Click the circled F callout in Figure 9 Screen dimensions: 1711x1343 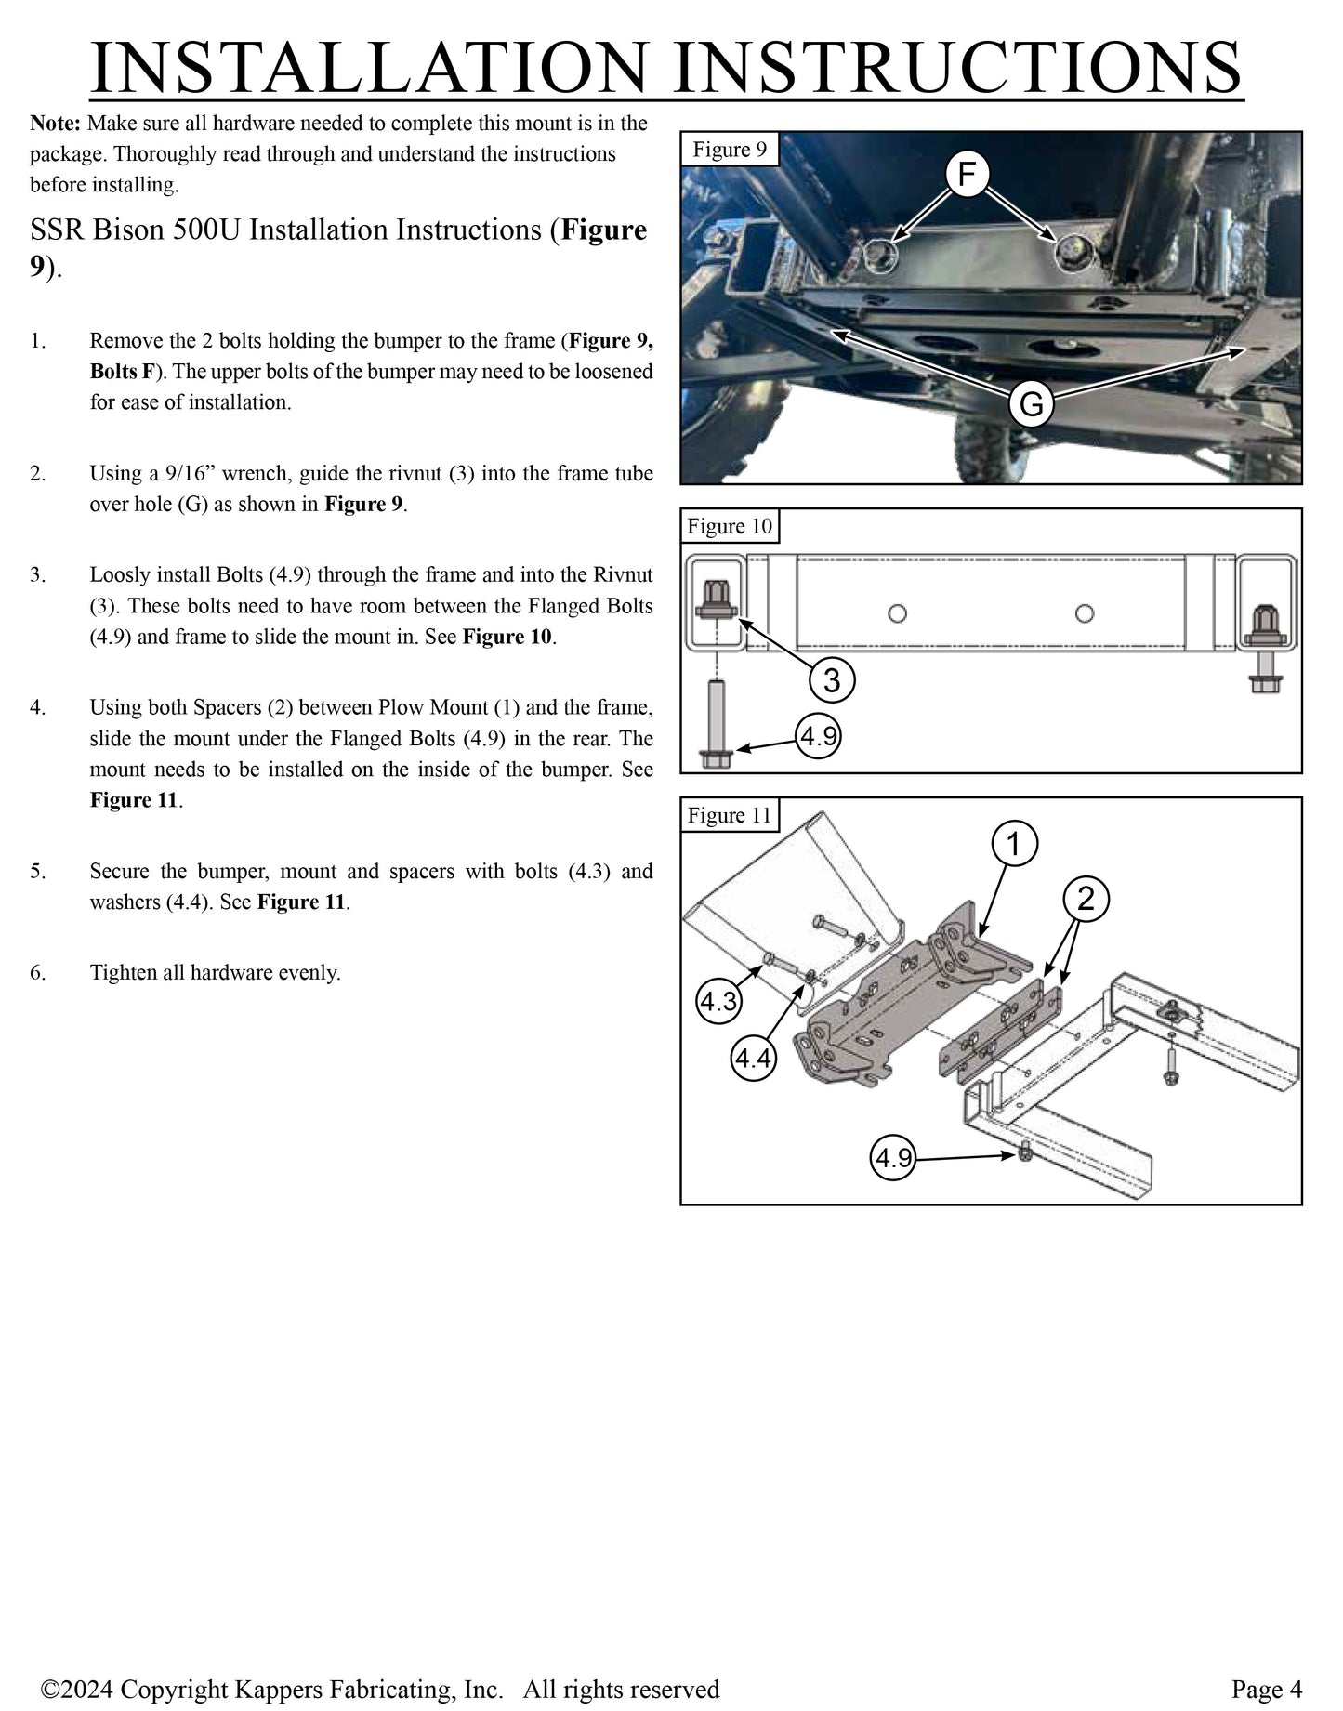967,175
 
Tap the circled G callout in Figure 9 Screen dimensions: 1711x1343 1030,404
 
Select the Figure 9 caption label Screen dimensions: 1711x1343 729,150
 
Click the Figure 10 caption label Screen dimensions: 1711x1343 729,526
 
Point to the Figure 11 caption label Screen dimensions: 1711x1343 729,815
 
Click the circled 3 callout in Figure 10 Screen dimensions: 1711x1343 831,679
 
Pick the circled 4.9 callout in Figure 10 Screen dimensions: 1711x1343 819,737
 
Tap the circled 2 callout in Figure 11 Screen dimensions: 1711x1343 1086,899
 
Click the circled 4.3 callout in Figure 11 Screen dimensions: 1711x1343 718,1002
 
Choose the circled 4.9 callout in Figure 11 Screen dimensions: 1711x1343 893,1158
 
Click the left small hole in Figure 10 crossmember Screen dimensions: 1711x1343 897,613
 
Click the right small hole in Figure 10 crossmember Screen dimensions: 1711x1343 1084,613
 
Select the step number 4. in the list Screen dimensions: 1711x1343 37,708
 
